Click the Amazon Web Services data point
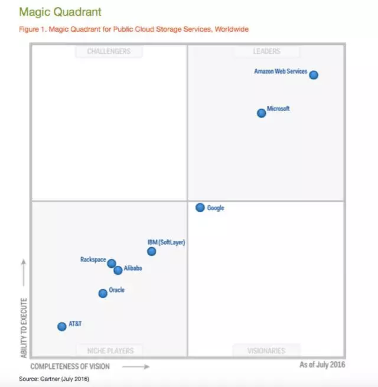coord(313,75)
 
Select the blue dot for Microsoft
coord(261,113)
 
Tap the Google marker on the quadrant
coord(200,207)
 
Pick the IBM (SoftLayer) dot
coord(152,251)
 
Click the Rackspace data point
coord(111,263)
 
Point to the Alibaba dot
coord(118,270)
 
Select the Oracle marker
coord(103,294)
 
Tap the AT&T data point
coord(62,326)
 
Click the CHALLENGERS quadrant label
coord(109,52)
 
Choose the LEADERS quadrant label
coord(266,52)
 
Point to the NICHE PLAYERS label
coord(110,350)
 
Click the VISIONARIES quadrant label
coord(266,350)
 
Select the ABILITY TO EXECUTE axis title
coord(24,328)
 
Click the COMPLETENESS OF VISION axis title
coord(70,366)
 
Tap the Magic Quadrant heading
coord(60,11)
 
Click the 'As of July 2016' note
coord(322,364)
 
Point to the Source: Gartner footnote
coord(54,378)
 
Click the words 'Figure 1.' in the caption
coord(32,29)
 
